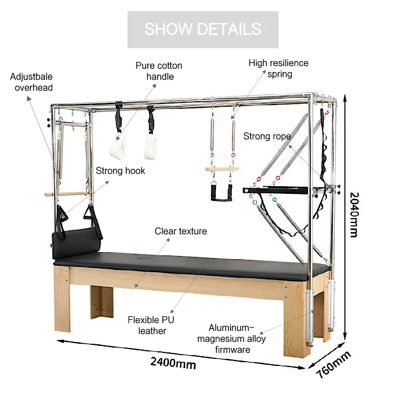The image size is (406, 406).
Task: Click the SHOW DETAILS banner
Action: pyautogui.click(x=202, y=29)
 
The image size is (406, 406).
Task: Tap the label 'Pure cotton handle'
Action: pyautogui.click(x=159, y=71)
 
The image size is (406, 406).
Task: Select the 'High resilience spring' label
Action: pyautogui.click(x=278, y=68)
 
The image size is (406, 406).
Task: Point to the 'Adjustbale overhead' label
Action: pyautogui.click(x=31, y=82)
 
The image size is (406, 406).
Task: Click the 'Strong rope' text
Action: pyautogui.click(x=267, y=136)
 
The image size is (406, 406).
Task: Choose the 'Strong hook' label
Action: pyautogui.click(x=120, y=171)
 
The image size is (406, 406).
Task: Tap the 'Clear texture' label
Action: pyautogui.click(x=181, y=231)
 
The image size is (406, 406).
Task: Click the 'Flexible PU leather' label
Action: pyautogui.click(x=151, y=325)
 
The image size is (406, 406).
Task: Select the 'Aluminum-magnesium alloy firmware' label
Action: pyautogui.click(x=238, y=338)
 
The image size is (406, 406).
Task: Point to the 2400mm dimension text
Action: pyautogui.click(x=173, y=363)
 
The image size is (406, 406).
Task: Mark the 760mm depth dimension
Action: pyautogui.click(x=332, y=366)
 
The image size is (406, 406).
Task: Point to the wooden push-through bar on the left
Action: pyautogui.click(x=68, y=193)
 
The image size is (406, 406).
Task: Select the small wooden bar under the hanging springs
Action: pyautogui.click(x=221, y=169)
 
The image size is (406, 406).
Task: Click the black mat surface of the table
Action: pyautogui.click(x=189, y=259)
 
